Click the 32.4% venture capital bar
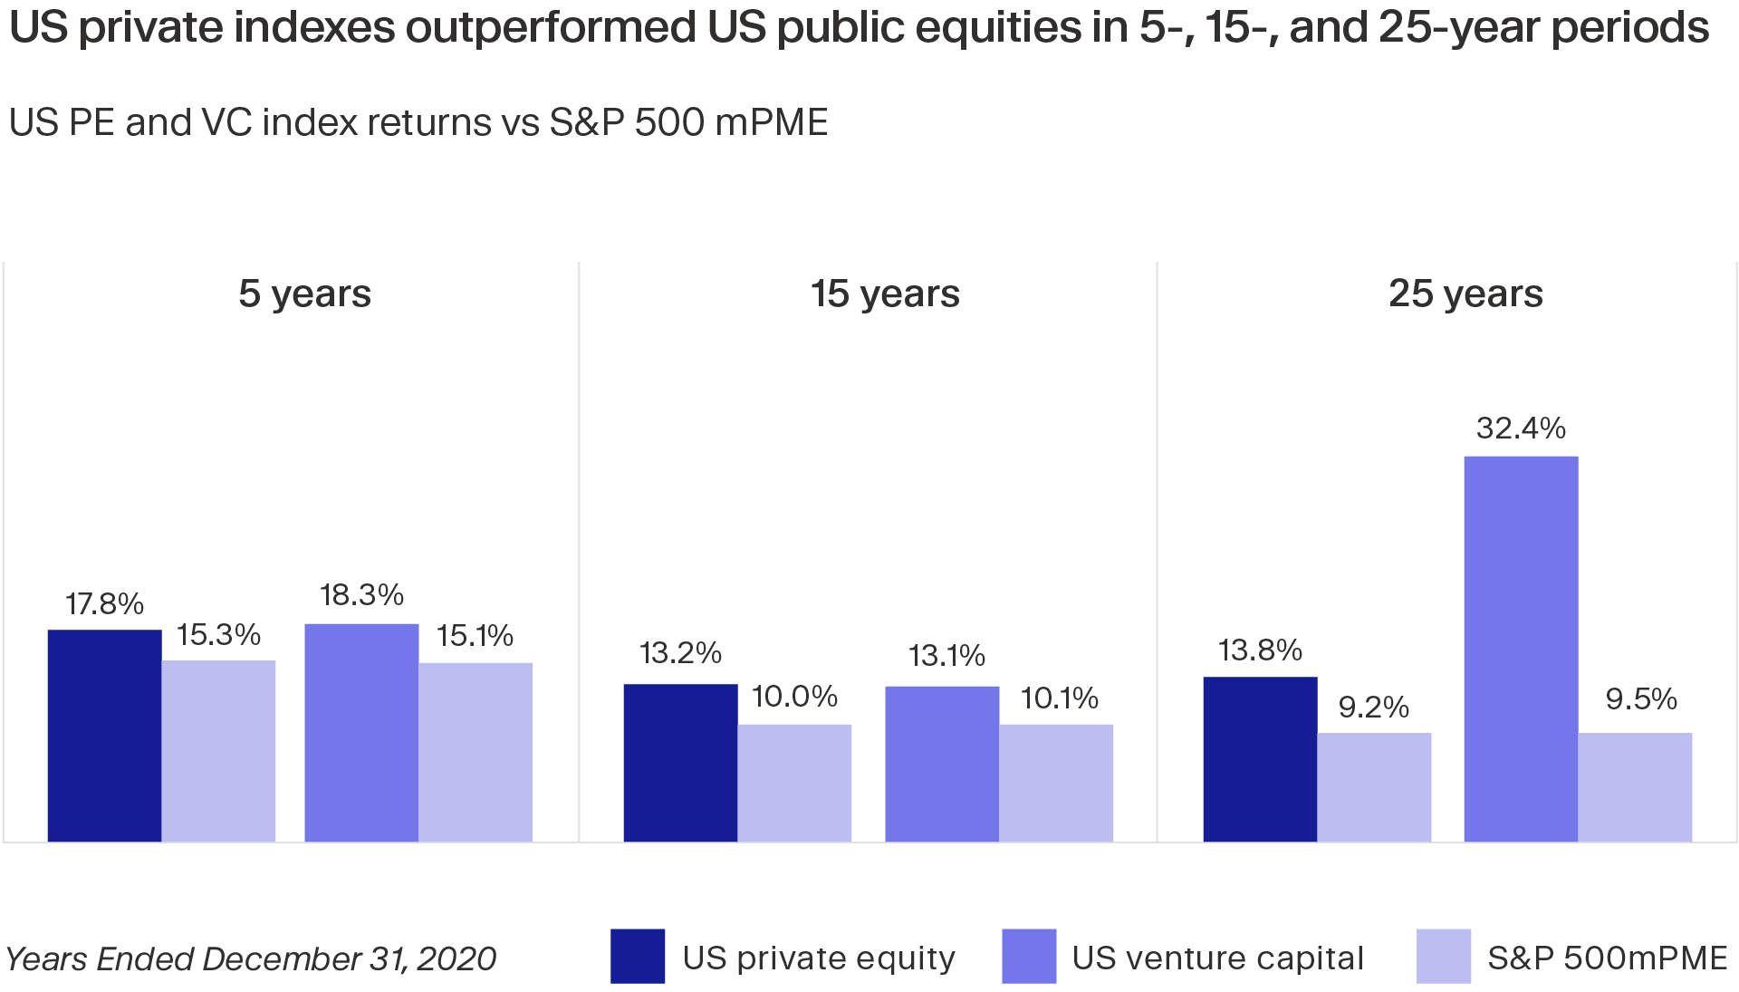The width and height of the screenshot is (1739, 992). point(1521,649)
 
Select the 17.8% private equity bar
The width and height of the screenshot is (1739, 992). point(104,736)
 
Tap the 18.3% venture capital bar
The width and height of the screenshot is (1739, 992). point(361,732)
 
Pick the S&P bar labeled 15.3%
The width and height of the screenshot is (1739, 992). point(218,751)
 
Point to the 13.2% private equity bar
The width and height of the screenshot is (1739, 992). point(680,763)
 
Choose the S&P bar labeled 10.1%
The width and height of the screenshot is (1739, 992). point(1056,783)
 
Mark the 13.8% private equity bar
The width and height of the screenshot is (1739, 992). point(1260,759)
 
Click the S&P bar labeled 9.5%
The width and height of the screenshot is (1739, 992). point(1635,787)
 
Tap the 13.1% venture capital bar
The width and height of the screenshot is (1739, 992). point(942,764)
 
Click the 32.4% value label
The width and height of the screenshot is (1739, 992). point(1521,428)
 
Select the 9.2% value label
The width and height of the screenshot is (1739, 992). point(1373,707)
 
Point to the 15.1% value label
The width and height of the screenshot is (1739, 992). point(475,636)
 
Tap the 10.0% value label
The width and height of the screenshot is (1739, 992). point(794,696)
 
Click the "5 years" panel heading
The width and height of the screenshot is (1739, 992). point(304,294)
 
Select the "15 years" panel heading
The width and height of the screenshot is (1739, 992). point(885,294)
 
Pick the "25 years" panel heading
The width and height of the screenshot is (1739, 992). point(1465,294)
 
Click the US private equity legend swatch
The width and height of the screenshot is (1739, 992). point(638,956)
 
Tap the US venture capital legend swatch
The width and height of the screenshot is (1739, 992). point(1029,956)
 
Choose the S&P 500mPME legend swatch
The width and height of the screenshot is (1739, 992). point(1444,956)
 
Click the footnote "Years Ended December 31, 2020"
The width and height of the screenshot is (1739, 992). point(251,958)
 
